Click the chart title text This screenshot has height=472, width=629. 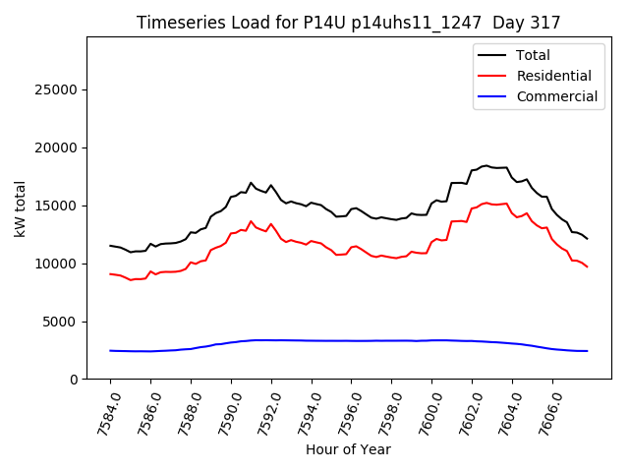(349, 23)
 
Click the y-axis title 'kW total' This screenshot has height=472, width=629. (21, 208)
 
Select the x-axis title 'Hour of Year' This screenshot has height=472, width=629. (349, 449)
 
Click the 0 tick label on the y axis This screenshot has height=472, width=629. (75, 380)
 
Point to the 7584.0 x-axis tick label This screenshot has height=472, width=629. (97, 413)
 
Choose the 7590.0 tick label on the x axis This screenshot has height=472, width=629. (218, 413)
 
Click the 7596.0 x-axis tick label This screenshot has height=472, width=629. (339, 413)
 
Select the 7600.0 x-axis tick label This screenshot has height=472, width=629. (420, 413)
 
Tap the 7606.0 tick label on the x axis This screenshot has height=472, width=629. (540, 413)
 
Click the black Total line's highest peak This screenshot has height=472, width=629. (486, 165)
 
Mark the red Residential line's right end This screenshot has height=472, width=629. (588, 266)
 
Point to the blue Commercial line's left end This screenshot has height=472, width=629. (110, 350)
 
